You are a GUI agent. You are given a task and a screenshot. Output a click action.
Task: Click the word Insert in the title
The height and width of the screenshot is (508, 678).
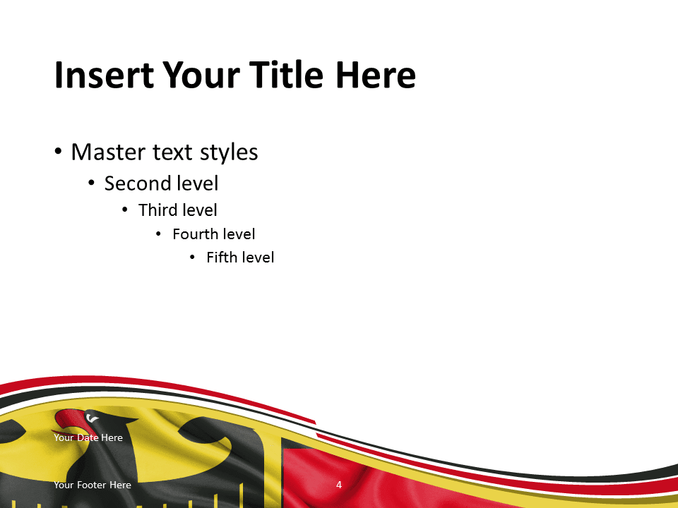coord(105,75)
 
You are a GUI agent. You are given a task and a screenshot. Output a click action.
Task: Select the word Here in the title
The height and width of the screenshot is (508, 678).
coord(375,75)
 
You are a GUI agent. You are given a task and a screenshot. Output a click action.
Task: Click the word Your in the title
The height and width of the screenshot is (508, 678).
coord(201,75)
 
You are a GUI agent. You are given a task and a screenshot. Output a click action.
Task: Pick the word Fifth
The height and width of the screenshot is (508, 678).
coord(222,258)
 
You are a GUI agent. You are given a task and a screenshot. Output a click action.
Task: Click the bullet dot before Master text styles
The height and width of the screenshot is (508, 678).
coord(58,152)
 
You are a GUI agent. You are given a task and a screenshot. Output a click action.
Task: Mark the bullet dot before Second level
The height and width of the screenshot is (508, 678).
coord(91,183)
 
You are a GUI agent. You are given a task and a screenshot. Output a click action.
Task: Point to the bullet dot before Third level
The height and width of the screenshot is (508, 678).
coord(125,210)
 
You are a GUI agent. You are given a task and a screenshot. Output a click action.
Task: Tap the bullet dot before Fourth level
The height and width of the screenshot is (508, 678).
coord(158,234)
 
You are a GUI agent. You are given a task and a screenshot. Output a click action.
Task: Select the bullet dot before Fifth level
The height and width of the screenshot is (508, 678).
coord(192,258)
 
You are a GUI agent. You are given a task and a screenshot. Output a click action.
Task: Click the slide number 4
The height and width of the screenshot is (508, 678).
coord(339,485)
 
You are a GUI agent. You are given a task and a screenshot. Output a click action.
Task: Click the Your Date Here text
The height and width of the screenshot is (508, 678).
coord(88,437)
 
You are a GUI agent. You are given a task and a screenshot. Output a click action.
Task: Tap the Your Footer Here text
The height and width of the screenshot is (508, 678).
coord(93,485)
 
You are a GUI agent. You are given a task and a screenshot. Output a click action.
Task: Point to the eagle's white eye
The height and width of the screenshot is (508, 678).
coord(92,418)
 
